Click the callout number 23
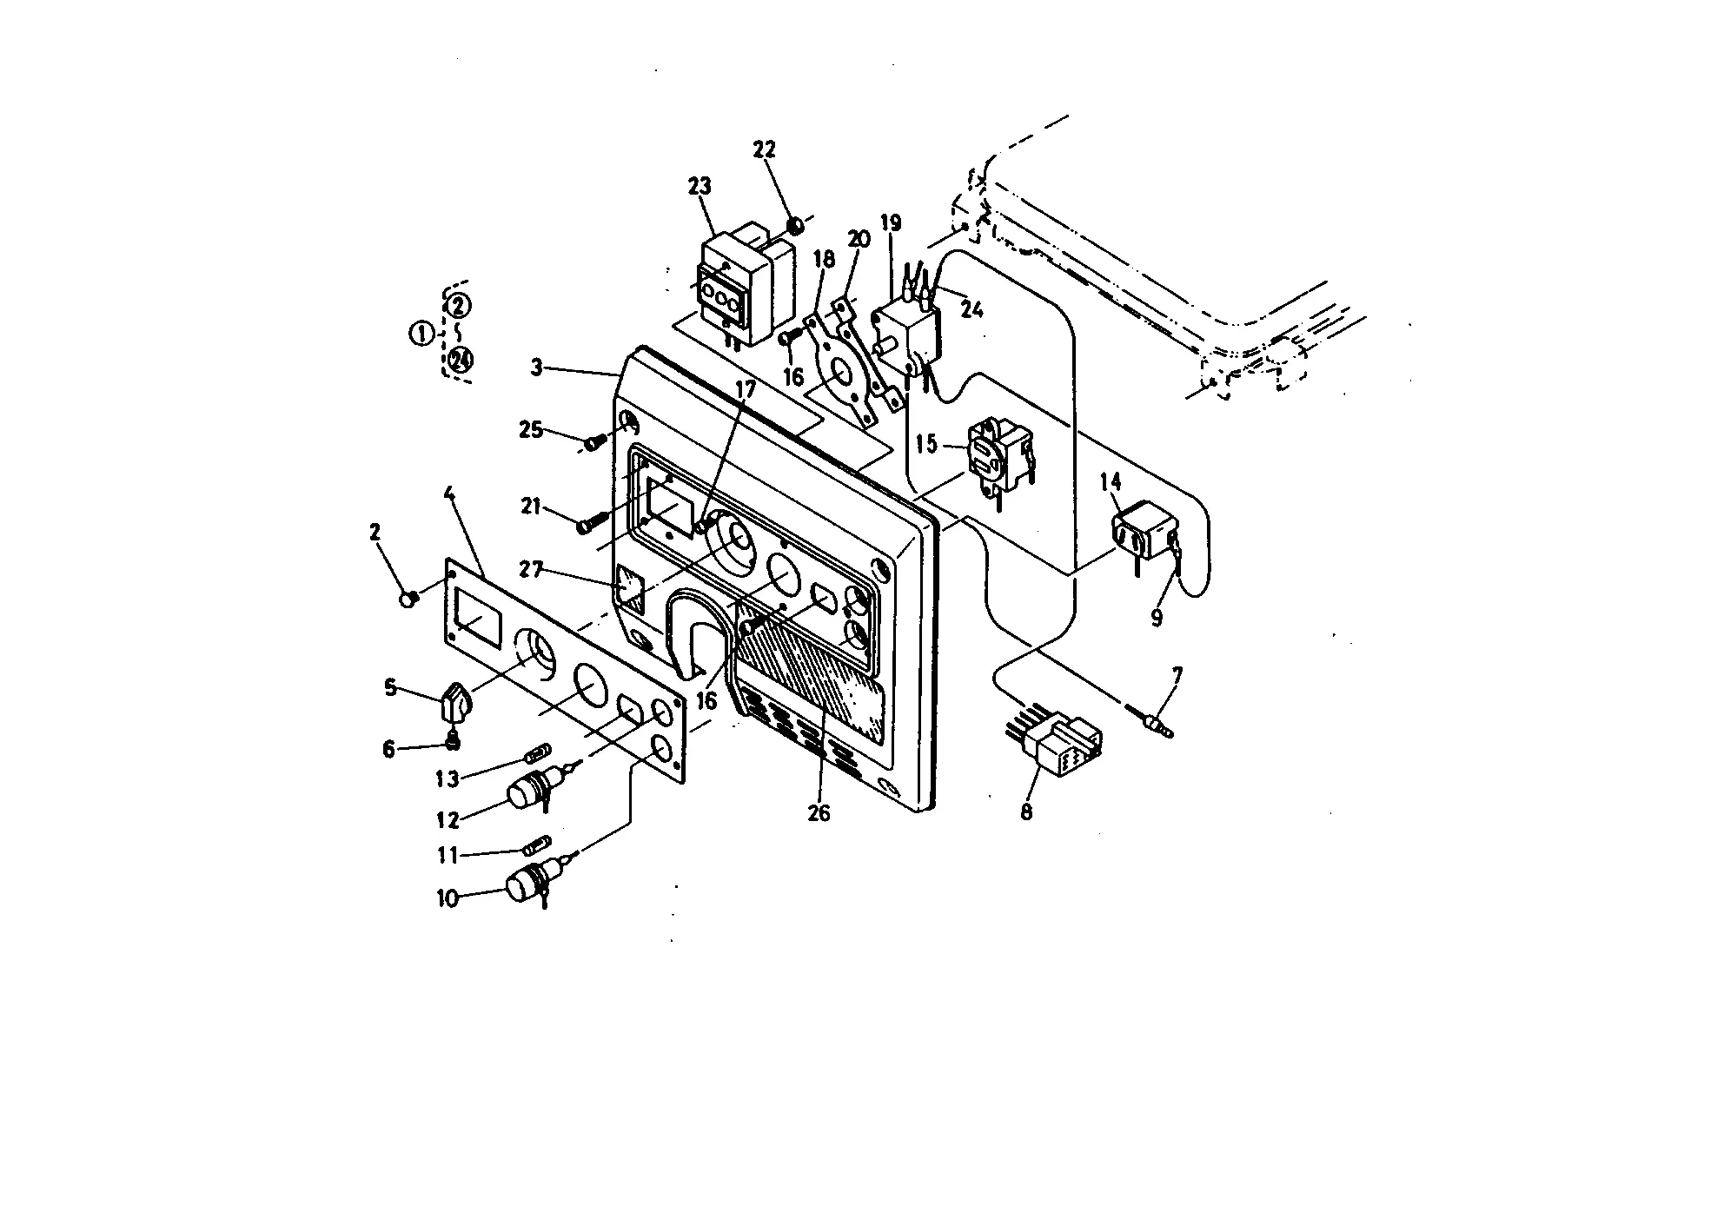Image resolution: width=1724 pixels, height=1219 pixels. (699, 186)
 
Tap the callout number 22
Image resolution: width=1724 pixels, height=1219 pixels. (764, 149)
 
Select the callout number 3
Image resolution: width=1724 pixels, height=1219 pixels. (537, 368)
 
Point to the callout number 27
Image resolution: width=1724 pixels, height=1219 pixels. (531, 570)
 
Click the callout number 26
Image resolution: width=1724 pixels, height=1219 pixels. (819, 812)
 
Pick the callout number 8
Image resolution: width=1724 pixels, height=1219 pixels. (1026, 812)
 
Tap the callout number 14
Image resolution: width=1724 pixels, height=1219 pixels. (1111, 481)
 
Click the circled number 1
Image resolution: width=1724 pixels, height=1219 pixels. (421, 333)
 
